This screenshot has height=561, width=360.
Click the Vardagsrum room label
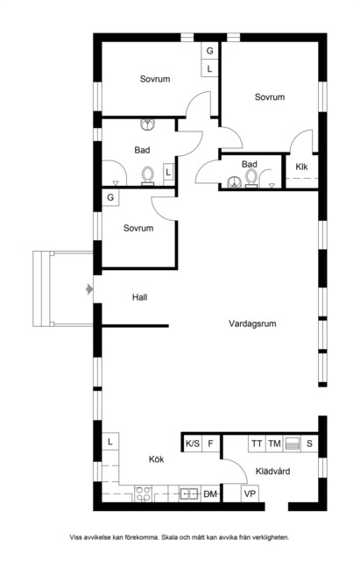pyautogui.click(x=252, y=323)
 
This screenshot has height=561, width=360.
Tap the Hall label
pyautogui.click(x=139, y=297)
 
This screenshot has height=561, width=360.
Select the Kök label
pyautogui.click(x=156, y=459)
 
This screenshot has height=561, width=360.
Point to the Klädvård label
pyautogui.click(x=272, y=472)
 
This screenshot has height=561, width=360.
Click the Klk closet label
pyautogui.click(x=301, y=167)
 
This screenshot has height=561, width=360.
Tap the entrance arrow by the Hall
pyautogui.click(x=89, y=288)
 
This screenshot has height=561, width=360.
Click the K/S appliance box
pyautogui.click(x=193, y=444)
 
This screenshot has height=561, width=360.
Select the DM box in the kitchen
pyautogui.click(x=210, y=494)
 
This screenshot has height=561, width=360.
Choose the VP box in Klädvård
pyautogui.click(x=250, y=494)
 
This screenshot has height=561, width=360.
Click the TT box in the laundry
pyautogui.click(x=257, y=444)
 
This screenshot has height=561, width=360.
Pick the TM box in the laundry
pyautogui.click(x=274, y=444)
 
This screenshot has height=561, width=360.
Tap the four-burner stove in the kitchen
pyautogui.click(x=143, y=494)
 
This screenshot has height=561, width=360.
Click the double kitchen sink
pyautogui.click(x=190, y=494)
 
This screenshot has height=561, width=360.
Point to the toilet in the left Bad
pyautogui.click(x=147, y=176)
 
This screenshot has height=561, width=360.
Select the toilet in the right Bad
pyautogui.click(x=251, y=178)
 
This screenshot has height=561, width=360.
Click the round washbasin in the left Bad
pyautogui.click(x=148, y=124)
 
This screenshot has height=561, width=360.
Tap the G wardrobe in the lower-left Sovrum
pyautogui.click(x=110, y=197)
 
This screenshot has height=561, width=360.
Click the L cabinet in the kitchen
pyautogui.click(x=110, y=442)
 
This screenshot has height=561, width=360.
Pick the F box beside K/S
pyautogui.click(x=210, y=444)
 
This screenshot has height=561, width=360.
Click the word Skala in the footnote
pyautogui.click(x=169, y=537)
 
